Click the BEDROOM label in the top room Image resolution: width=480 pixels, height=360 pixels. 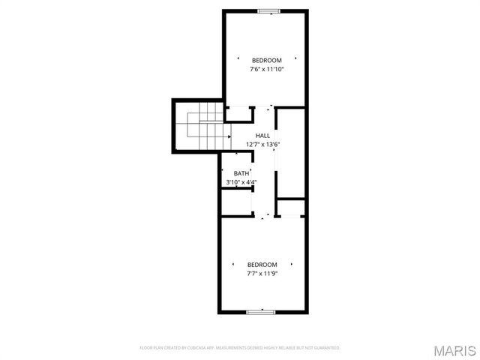pos(266,60)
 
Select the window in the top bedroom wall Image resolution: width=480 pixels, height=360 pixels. pos(268,10)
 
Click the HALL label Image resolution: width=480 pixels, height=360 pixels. pos(262,136)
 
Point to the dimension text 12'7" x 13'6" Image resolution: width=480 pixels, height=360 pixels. pos(262,145)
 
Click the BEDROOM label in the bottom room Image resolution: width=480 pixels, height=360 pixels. pos(262,265)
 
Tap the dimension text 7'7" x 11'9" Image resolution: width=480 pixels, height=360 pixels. pos(262,274)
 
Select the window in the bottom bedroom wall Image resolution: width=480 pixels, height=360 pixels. pos(262,311)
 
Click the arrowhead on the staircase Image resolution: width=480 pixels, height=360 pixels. pos(228,137)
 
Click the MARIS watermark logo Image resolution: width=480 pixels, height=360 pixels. pos(455,349)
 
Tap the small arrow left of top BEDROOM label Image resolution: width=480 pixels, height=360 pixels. pos(238,58)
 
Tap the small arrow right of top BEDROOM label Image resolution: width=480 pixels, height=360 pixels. pos(296,58)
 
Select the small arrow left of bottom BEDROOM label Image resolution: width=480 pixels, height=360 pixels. pos(232,264)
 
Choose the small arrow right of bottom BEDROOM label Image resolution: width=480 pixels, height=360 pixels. pos(292,264)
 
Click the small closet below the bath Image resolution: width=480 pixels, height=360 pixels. pos(235,203)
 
